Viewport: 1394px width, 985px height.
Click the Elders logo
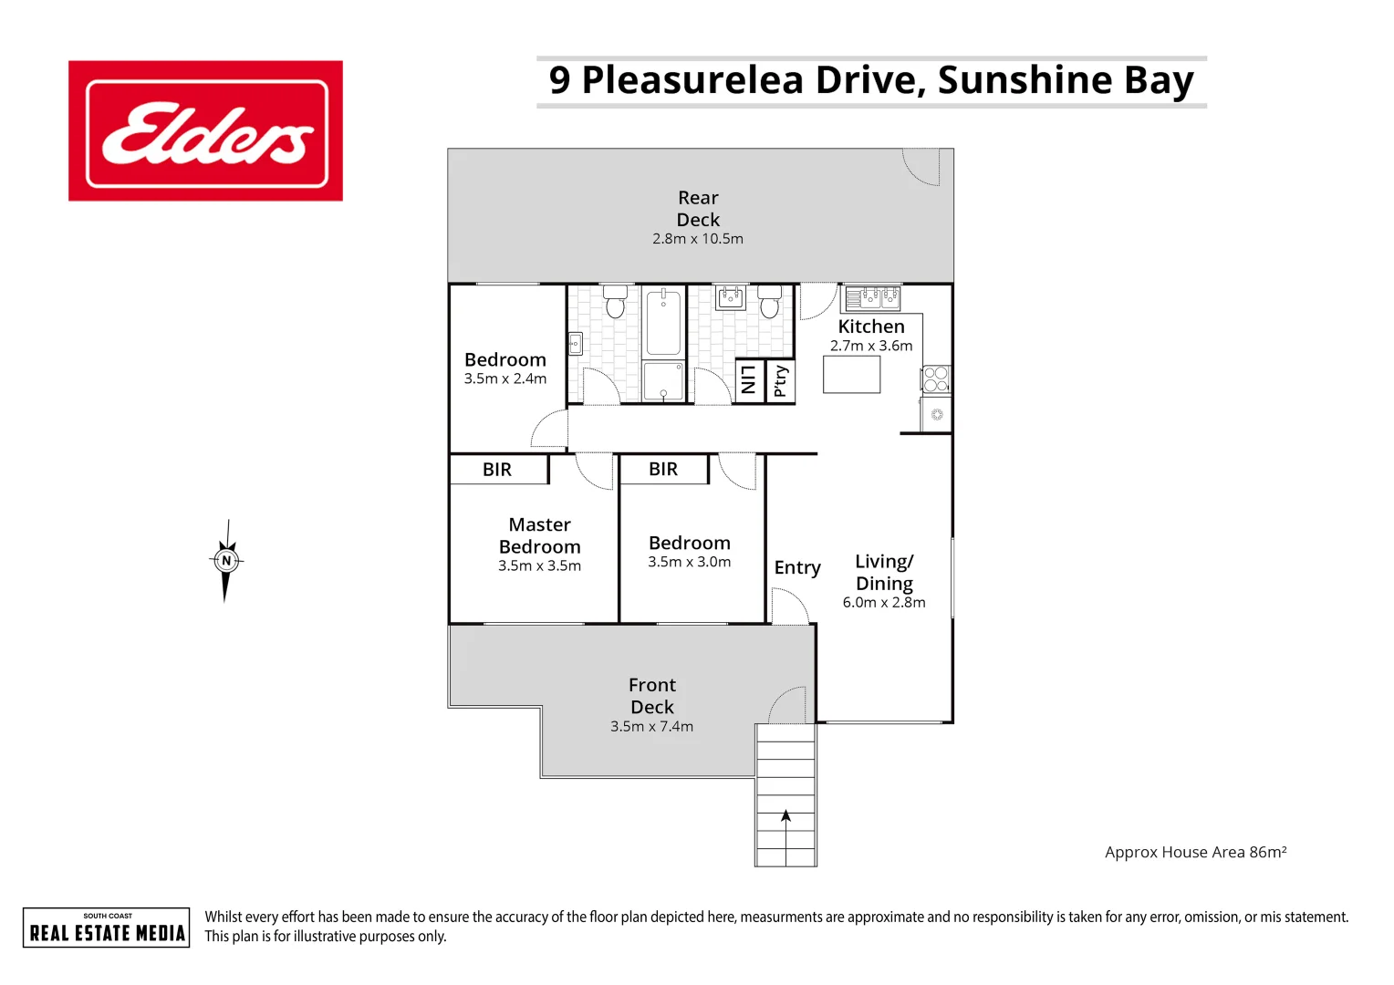click(x=205, y=131)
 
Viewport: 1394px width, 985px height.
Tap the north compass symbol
click(x=226, y=561)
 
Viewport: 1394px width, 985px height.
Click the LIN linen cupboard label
click(x=749, y=380)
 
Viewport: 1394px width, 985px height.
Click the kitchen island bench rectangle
click(x=851, y=374)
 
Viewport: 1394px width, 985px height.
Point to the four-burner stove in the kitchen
click(x=936, y=379)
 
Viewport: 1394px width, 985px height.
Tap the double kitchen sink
click(x=872, y=297)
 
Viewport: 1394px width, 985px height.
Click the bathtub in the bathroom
click(x=663, y=321)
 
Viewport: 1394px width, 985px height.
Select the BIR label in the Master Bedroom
click(x=497, y=470)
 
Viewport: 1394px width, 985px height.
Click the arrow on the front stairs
click(x=785, y=817)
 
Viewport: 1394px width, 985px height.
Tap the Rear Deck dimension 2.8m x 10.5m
click(x=698, y=239)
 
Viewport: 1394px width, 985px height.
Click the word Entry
click(x=797, y=567)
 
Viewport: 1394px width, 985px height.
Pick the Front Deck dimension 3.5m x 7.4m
click(x=651, y=727)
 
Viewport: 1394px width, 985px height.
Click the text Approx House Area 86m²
click(x=1195, y=852)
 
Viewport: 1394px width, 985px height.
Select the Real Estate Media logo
click(x=107, y=928)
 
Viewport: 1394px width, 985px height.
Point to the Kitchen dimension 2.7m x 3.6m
click(x=871, y=346)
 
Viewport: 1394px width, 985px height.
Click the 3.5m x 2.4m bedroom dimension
click(x=505, y=378)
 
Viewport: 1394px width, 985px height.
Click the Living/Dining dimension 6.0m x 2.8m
click(x=884, y=603)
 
